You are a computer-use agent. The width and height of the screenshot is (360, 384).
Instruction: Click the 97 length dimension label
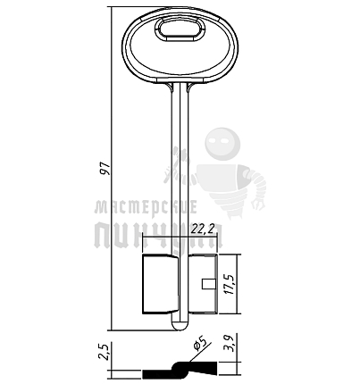point(105,169)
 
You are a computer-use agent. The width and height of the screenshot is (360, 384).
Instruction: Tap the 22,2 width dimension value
point(203,229)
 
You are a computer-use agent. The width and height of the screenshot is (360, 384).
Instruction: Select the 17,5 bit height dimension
point(229,284)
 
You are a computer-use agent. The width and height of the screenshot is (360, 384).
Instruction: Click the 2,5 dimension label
point(105,352)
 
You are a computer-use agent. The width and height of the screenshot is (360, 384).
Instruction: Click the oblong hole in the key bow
point(180,30)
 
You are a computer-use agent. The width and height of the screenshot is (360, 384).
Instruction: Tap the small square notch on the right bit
point(209,284)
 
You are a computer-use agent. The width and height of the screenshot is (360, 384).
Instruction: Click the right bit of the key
point(204,284)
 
